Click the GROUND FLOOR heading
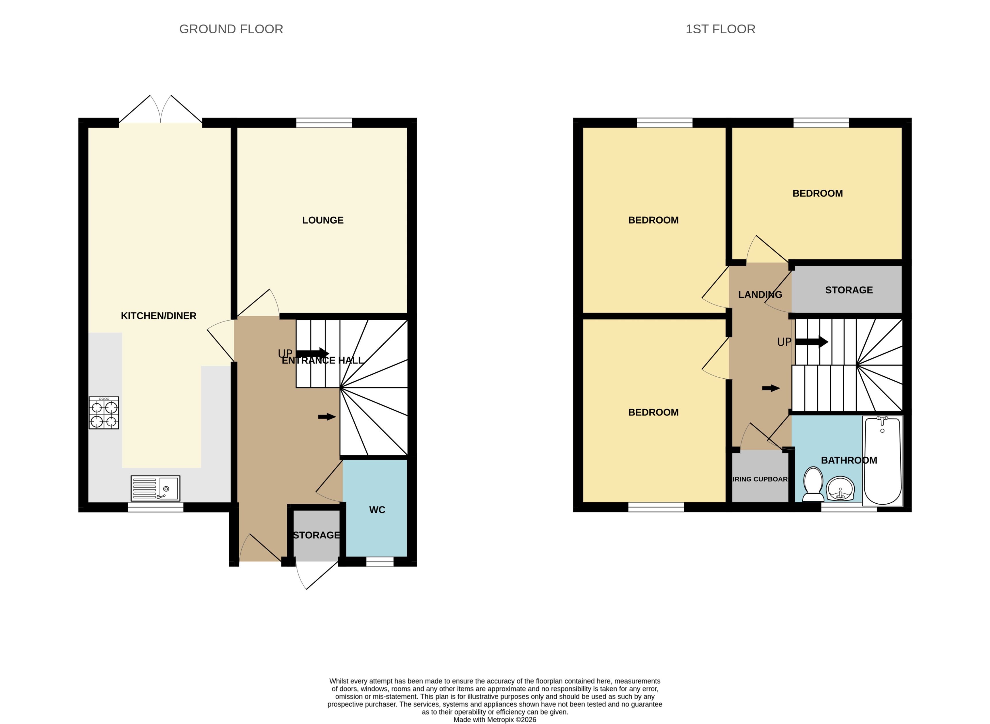pyautogui.click(x=231, y=29)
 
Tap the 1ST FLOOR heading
pyautogui.click(x=720, y=29)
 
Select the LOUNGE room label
pyautogui.click(x=322, y=220)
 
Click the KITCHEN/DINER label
pyautogui.click(x=158, y=315)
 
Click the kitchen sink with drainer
pyautogui.click(x=155, y=488)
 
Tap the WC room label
pyautogui.click(x=377, y=510)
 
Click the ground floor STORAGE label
pyautogui.click(x=316, y=535)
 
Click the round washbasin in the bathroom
pyautogui.click(x=840, y=488)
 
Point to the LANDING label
pyautogui.click(x=760, y=294)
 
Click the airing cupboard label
pyautogui.click(x=760, y=479)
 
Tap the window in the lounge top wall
pyautogui.click(x=324, y=123)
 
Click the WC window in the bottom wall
pyautogui.click(x=380, y=562)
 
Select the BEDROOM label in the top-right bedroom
pyautogui.click(x=817, y=193)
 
